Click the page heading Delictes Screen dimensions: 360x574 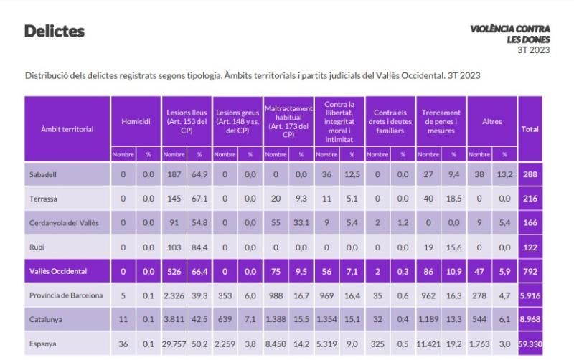coord(55,32)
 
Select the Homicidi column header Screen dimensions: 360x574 coord(136,122)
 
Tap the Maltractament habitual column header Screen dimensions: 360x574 coord(288,122)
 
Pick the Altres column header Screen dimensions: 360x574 coord(491,122)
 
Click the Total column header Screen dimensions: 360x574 coord(530,129)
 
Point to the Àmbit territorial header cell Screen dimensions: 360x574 coord(67,129)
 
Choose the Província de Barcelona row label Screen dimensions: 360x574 coord(66,295)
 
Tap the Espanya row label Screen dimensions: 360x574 coord(44,344)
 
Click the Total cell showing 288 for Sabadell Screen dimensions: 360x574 coord(530,174)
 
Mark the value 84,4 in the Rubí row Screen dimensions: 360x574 coord(199,247)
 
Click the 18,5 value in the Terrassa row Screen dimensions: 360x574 coord(454,199)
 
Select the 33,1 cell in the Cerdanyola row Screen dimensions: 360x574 coord(301,223)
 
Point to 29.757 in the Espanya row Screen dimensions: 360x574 coord(174,344)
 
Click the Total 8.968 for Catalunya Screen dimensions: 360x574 coord(530,320)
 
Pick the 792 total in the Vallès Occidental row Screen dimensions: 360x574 coord(530,272)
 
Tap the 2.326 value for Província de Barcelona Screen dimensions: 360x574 coord(174,295)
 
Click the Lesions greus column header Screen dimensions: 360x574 coord(237,122)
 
